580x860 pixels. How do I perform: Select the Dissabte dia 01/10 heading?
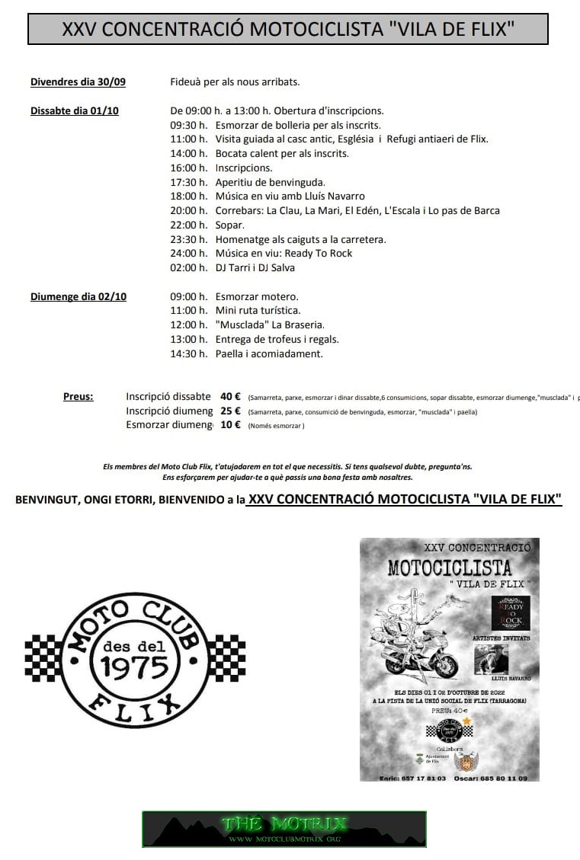pos(74,110)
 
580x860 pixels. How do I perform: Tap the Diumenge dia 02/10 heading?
pos(78,296)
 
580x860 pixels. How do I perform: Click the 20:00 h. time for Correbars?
pos(188,210)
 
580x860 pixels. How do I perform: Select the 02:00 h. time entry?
pos(188,267)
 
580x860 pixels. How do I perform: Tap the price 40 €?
pos(230,396)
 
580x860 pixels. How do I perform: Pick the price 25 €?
pos(230,411)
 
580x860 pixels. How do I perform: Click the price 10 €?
pos(230,425)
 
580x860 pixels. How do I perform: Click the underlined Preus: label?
pos(79,396)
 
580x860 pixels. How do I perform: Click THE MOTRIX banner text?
pos(284,823)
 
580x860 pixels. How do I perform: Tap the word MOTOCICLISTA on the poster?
pos(449,567)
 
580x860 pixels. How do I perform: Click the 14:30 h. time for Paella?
pos(188,353)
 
